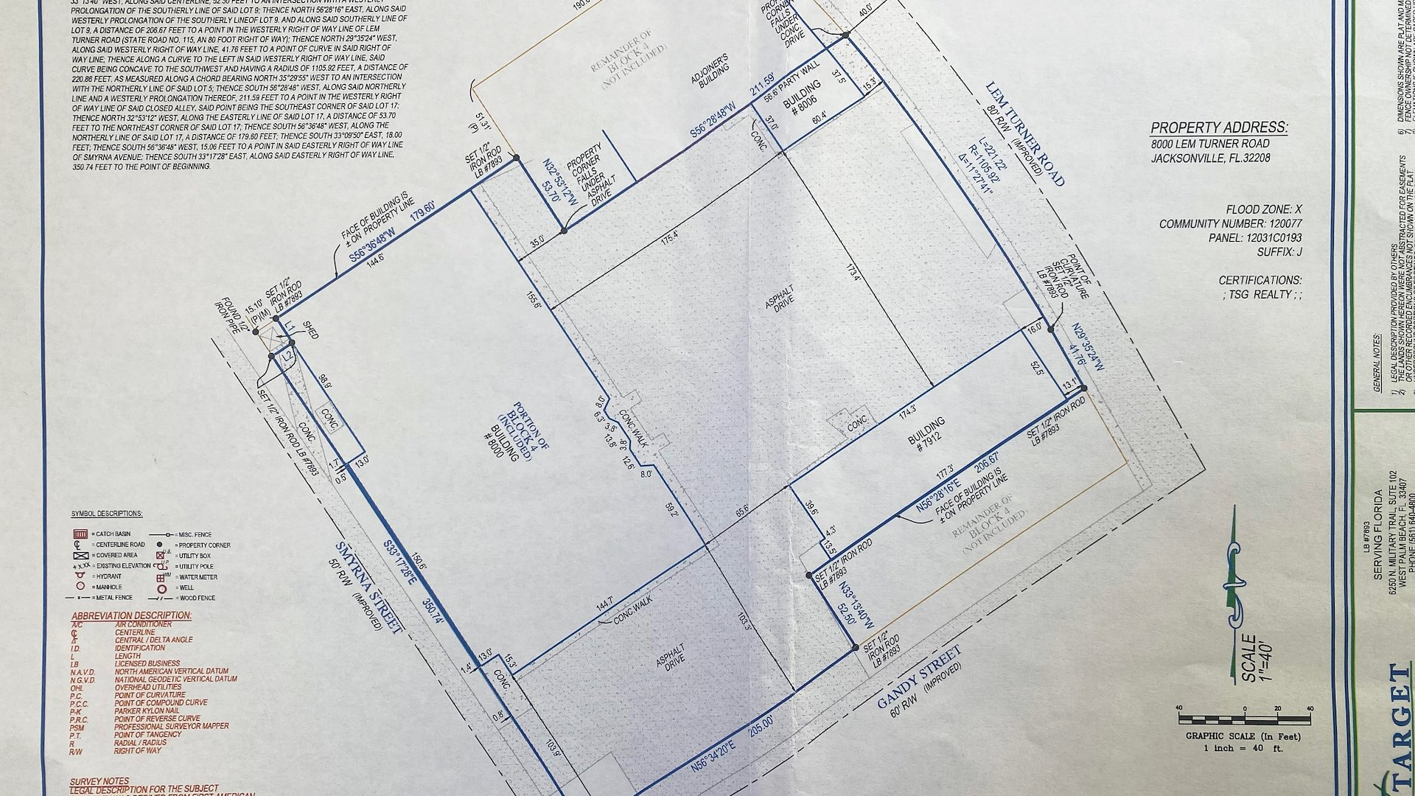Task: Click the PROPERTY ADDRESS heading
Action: (x=1219, y=128)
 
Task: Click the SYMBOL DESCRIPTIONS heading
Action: (x=106, y=514)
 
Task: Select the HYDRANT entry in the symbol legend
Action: (x=111, y=576)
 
